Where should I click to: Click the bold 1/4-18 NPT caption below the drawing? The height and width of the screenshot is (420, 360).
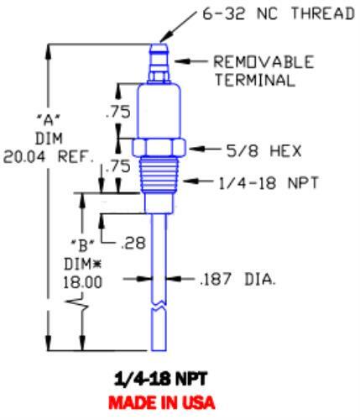[x=159, y=380]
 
